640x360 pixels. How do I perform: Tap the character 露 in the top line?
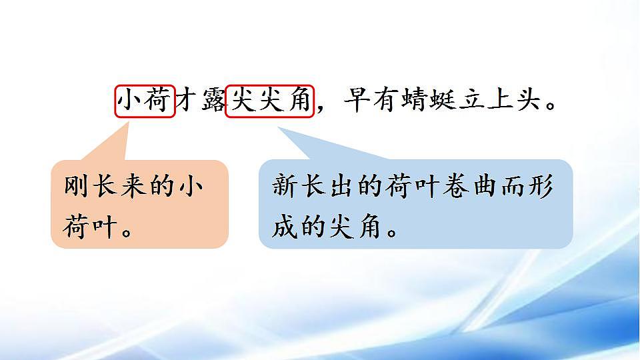[x=213, y=101]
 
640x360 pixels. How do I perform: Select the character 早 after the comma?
[x=356, y=101]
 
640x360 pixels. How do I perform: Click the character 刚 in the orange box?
[x=77, y=186]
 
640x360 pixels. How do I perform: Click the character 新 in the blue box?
[x=285, y=187]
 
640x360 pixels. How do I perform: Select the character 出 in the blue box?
[x=341, y=187]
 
